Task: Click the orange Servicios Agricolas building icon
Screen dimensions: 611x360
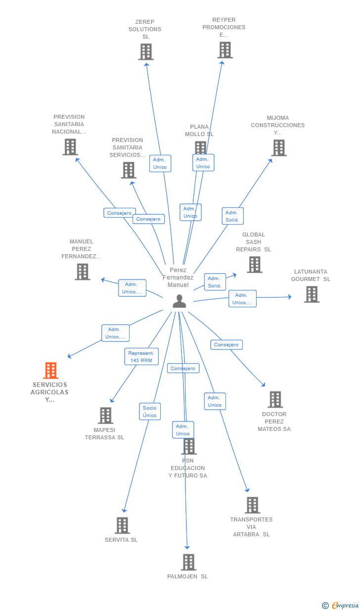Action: [x=50, y=370]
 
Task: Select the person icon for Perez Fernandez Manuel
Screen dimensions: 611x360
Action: [x=179, y=301]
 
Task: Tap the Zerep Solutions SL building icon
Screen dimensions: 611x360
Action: [x=145, y=52]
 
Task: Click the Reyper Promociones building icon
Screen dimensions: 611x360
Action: [x=225, y=50]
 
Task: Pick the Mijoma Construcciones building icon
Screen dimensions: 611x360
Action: [x=278, y=147]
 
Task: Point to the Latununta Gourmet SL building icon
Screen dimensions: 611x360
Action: [x=311, y=294]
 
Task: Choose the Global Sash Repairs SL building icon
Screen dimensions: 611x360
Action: [x=254, y=265]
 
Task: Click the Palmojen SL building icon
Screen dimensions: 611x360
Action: [x=188, y=562]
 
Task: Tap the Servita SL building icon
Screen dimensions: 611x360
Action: [x=122, y=525]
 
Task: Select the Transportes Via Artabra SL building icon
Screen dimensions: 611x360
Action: [x=252, y=505]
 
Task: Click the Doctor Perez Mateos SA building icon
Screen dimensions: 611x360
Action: [x=274, y=400]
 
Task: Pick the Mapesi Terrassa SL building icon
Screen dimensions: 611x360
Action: [x=105, y=416]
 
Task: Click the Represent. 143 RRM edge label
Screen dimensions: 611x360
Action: [x=141, y=357]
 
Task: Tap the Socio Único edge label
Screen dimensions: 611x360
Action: [x=149, y=412]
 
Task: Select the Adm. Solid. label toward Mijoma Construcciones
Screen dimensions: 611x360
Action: [x=232, y=216]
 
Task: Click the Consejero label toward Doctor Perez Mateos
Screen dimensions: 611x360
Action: [x=226, y=345]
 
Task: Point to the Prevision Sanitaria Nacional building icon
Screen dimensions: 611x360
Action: [x=70, y=147]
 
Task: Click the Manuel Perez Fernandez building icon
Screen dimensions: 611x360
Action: [x=82, y=272]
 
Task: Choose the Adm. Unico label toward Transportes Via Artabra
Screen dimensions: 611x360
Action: [x=215, y=401]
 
